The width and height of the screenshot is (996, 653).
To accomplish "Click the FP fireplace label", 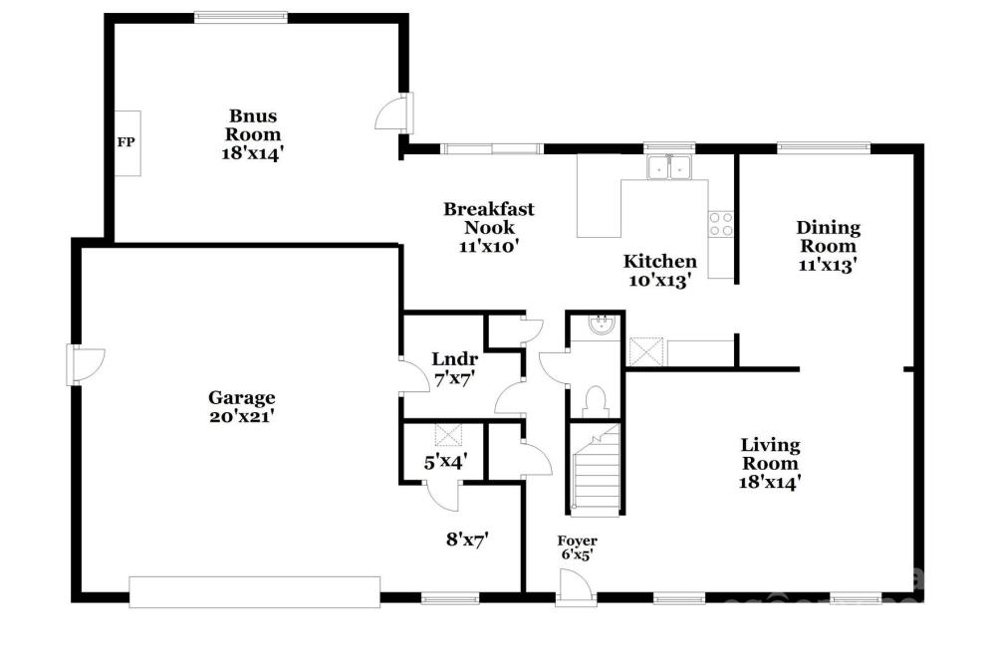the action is (x=125, y=142).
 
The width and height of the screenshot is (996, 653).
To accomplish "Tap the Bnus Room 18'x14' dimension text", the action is (x=252, y=153).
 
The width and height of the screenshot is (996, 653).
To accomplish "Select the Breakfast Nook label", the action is (x=488, y=218).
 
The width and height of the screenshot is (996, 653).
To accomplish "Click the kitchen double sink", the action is (x=669, y=167).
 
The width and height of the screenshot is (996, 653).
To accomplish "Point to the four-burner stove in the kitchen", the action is (x=721, y=224).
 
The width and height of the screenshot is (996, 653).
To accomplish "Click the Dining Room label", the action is (x=829, y=236).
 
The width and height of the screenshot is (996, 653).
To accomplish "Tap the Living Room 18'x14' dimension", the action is (x=769, y=483).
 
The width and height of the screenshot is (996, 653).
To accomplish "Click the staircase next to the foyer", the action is (x=596, y=470).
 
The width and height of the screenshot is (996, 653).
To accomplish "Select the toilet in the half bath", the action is (x=596, y=402).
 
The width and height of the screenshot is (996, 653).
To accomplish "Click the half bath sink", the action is (x=601, y=326).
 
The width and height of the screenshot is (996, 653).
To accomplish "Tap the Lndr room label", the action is (x=454, y=359).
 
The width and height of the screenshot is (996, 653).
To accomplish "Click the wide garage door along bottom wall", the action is (x=255, y=592).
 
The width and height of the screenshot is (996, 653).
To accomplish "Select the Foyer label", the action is (x=577, y=541).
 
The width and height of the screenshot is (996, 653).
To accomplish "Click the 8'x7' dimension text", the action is (x=467, y=541).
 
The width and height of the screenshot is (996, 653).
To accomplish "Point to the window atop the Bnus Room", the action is (x=241, y=17).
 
